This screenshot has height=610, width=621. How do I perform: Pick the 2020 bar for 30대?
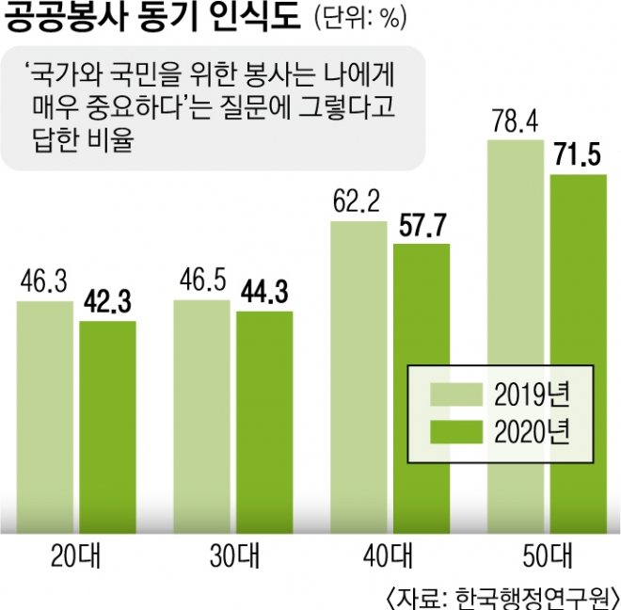264,414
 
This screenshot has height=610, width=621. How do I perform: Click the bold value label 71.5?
579,155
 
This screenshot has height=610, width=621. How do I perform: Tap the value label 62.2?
358,201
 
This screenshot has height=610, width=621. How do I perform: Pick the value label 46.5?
202,281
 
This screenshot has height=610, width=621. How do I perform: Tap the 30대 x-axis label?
232,555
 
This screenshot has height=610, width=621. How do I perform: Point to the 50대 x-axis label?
547,555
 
